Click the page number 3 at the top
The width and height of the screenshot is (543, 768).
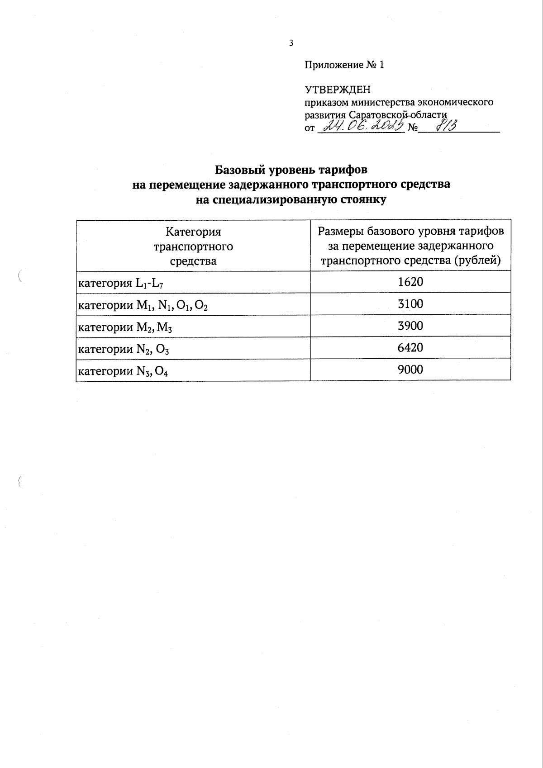point(291,43)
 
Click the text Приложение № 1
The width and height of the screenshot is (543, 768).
point(344,65)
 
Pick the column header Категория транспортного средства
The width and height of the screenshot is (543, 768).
point(193,247)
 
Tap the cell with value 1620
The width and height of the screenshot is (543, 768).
point(410,282)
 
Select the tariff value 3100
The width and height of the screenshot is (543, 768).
point(410,304)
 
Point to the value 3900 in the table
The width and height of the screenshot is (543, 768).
point(410,326)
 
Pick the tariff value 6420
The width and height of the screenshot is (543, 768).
point(410,347)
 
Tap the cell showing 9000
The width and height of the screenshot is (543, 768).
point(410,370)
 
